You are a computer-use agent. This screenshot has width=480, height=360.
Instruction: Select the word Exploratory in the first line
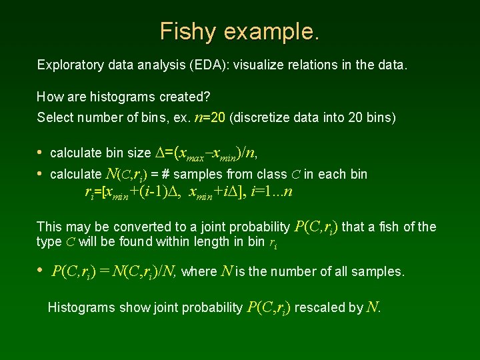(x=69, y=65)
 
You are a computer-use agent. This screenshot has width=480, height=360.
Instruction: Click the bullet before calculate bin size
(x=40, y=153)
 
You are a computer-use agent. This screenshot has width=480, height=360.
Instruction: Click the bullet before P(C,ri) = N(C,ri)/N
(x=40, y=271)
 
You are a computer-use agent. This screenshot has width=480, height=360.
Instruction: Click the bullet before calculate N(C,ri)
(x=40, y=174)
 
